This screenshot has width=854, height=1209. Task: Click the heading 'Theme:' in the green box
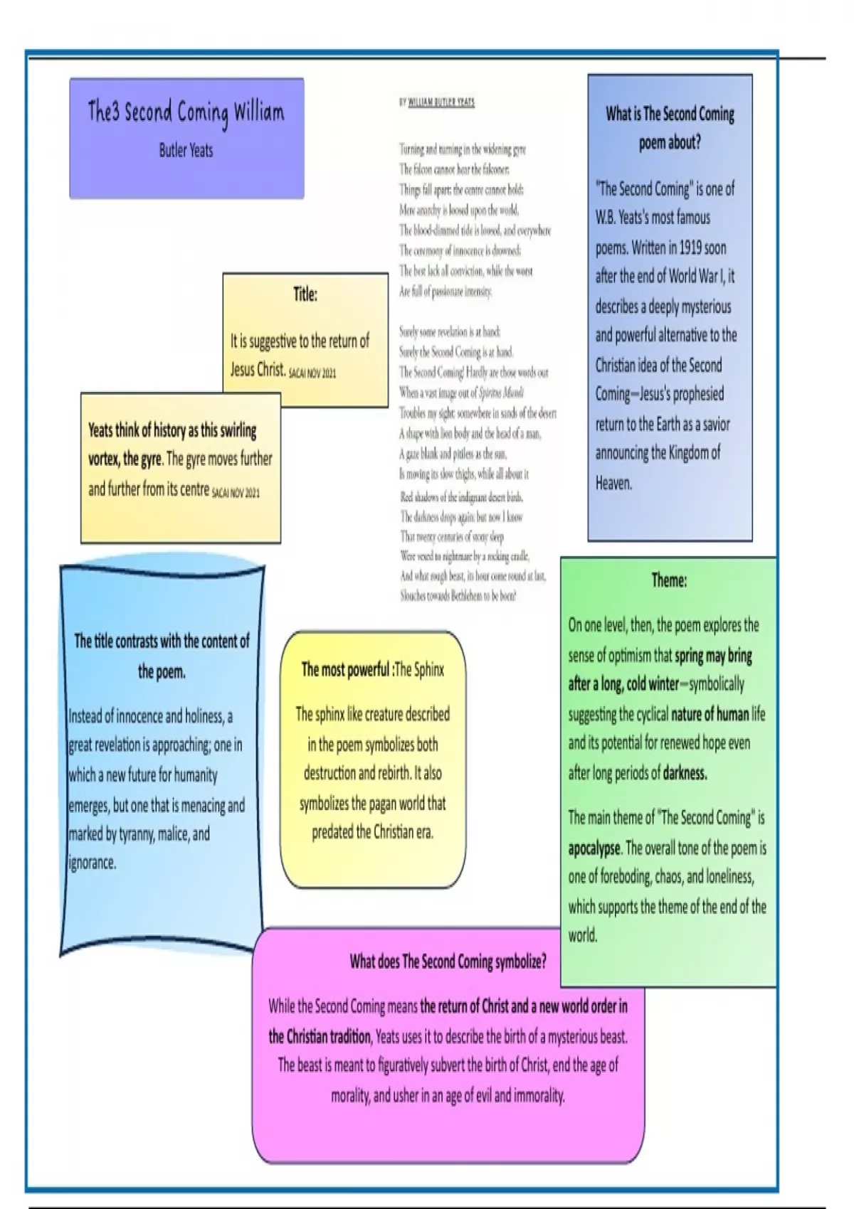click(669, 580)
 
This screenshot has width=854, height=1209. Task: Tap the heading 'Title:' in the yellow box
click(305, 294)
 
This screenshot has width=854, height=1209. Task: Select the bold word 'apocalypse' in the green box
click(594, 848)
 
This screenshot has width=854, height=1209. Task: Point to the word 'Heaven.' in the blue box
click(613, 484)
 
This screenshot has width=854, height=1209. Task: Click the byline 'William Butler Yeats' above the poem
click(441, 102)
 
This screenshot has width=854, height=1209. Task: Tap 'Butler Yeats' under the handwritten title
click(186, 150)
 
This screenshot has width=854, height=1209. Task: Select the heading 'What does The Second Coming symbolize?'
click(448, 962)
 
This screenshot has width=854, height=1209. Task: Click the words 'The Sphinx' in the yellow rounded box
click(419, 669)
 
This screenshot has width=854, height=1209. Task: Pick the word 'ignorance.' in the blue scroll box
click(92, 863)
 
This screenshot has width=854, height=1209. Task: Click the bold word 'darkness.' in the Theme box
click(685, 773)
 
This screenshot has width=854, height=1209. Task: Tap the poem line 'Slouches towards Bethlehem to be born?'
click(458, 596)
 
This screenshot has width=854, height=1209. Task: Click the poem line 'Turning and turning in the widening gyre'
click(462, 149)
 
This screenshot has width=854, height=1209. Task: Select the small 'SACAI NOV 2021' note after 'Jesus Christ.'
click(312, 373)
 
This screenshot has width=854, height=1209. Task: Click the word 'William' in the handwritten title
click(258, 112)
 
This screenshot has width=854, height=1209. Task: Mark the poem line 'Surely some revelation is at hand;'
click(449, 331)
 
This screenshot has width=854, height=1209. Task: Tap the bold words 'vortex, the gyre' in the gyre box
click(125, 459)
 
